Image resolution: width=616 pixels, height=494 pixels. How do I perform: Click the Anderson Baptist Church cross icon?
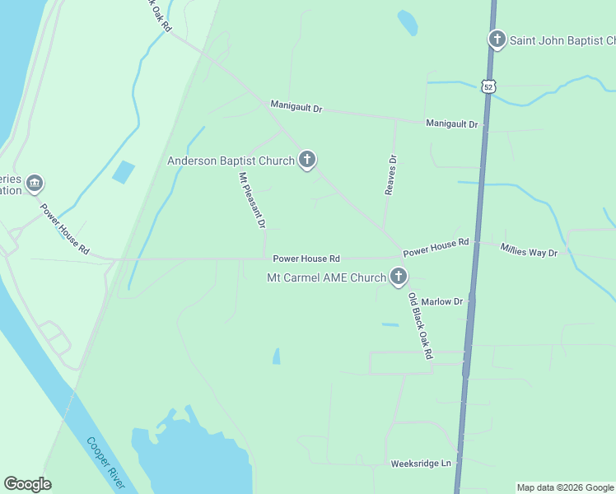[307, 160]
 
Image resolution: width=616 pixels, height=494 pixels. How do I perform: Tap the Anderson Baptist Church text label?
[231, 161]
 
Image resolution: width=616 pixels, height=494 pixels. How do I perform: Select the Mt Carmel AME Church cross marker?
[399, 277]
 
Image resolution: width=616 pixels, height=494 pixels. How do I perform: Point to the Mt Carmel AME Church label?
[326, 278]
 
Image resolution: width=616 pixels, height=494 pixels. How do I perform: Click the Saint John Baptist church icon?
[497, 40]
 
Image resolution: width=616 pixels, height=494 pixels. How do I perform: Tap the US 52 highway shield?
[488, 86]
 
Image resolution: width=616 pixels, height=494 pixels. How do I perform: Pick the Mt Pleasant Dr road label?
[252, 200]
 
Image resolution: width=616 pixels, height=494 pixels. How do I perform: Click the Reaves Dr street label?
[391, 175]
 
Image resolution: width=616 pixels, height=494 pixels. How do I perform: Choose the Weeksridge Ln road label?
[421, 464]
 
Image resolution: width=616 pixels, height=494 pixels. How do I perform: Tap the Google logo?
[27, 484]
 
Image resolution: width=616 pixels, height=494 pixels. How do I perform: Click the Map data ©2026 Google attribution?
[565, 487]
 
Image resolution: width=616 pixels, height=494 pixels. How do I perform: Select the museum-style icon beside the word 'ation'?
[35, 183]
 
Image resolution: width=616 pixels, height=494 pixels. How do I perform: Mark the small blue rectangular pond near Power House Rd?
[124, 172]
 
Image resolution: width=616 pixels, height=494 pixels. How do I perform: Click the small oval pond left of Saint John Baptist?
[407, 22]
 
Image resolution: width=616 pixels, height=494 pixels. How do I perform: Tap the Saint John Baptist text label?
[562, 40]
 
